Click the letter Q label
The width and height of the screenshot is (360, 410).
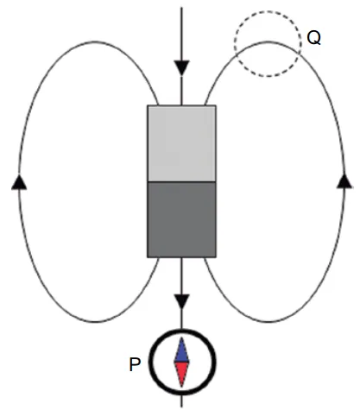pyautogui.click(x=313, y=38)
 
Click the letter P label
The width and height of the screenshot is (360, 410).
pyautogui.click(x=135, y=364)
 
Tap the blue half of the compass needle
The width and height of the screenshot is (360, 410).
pyautogui.click(x=181, y=350)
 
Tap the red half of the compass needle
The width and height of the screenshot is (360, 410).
pyautogui.click(x=181, y=374)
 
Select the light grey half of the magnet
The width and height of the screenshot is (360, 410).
pyautogui.click(x=181, y=143)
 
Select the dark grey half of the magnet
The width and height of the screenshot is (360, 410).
pyautogui.click(x=181, y=219)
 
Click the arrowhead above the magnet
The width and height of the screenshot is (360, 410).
pyautogui.click(x=181, y=68)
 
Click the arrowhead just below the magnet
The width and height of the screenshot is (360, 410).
pyautogui.click(x=181, y=301)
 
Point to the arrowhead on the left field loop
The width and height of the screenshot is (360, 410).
pyautogui.click(x=19, y=182)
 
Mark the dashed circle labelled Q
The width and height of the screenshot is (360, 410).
pyautogui.click(x=235, y=44)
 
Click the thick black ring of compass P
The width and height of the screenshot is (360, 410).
pyautogui.click(x=151, y=363)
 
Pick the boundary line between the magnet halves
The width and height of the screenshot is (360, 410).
pyautogui.click(x=181, y=182)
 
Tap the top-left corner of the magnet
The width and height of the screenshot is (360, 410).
pyautogui.click(x=148, y=105)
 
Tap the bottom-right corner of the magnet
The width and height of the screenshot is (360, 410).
pyautogui.click(x=216, y=257)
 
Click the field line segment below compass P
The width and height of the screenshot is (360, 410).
pyautogui.click(x=181, y=401)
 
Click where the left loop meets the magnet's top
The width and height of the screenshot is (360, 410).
pyautogui.click(x=158, y=105)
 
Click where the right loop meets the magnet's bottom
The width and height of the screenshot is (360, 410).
pyautogui.click(x=205, y=258)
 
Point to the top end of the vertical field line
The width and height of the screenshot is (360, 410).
pyautogui.click(x=181, y=8)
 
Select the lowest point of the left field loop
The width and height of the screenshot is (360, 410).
pyautogui.click(x=95, y=322)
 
